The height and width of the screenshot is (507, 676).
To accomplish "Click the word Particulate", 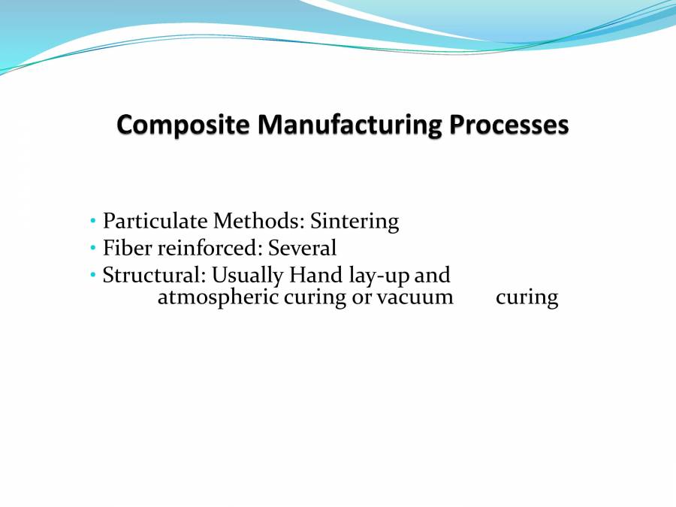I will pyautogui.click(x=155, y=222).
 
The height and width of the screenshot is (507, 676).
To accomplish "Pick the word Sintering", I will pyautogui.click(x=355, y=222).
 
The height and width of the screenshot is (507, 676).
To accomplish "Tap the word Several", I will pyautogui.click(x=303, y=248).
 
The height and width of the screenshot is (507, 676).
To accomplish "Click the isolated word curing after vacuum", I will pyautogui.click(x=527, y=298).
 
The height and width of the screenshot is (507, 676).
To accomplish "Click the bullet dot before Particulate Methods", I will pyautogui.click(x=92, y=222).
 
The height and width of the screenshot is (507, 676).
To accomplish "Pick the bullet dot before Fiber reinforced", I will pyautogui.click(x=92, y=248).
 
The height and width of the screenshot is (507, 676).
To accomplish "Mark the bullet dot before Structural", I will pyautogui.click(x=92, y=275).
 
